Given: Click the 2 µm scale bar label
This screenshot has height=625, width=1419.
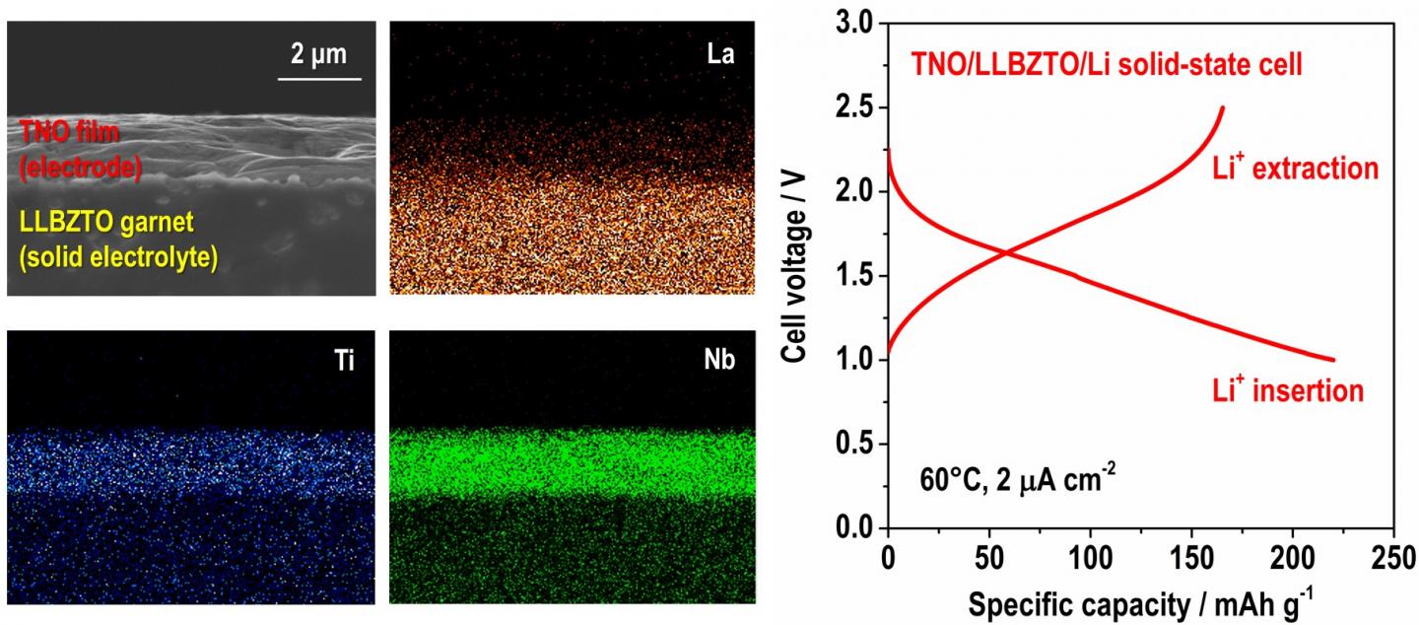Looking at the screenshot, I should tap(318, 53).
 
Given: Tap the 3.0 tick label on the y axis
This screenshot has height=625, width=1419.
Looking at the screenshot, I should tap(854, 23).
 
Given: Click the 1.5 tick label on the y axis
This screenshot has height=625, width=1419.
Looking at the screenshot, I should tap(854, 276).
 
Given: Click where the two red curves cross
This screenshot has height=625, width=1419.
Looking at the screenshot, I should tap(1007, 253).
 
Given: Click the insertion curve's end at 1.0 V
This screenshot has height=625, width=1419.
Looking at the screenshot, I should tap(1333, 360).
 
